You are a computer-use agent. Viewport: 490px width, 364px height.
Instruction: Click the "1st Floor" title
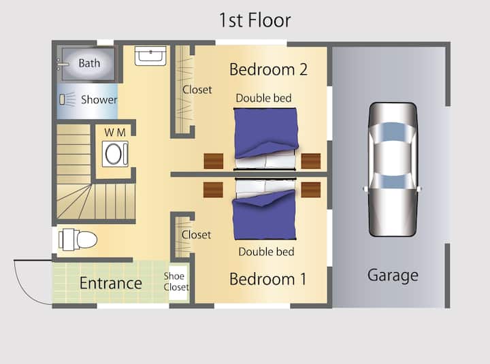(255, 20)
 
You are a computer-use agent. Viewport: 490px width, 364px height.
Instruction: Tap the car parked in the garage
(393, 169)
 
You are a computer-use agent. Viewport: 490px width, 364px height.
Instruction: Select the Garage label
(393, 276)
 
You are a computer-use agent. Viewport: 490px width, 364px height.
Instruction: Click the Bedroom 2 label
(268, 69)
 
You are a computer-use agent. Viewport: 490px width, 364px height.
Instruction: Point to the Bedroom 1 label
(268, 279)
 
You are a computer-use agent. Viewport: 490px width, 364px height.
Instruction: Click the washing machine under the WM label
(115, 154)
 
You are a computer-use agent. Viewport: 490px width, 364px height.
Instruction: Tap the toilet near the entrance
(78, 239)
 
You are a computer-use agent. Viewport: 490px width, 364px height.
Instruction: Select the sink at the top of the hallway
(150, 56)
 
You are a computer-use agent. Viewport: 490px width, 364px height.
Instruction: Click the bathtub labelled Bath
(88, 64)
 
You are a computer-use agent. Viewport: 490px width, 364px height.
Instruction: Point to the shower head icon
(67, 99)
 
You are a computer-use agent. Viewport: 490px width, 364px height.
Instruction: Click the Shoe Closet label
(176, 282)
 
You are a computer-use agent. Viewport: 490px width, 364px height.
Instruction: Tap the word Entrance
(111, 283)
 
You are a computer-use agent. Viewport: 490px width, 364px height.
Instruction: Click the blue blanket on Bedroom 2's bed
(265, 133)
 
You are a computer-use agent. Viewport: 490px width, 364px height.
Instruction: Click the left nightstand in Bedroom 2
(214, 161)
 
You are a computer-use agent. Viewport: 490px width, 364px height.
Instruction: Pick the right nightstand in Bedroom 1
(310, 190)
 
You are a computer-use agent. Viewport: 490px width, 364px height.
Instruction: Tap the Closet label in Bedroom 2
(197, 90)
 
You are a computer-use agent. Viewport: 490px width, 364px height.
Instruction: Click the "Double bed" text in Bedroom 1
(266, 252)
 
